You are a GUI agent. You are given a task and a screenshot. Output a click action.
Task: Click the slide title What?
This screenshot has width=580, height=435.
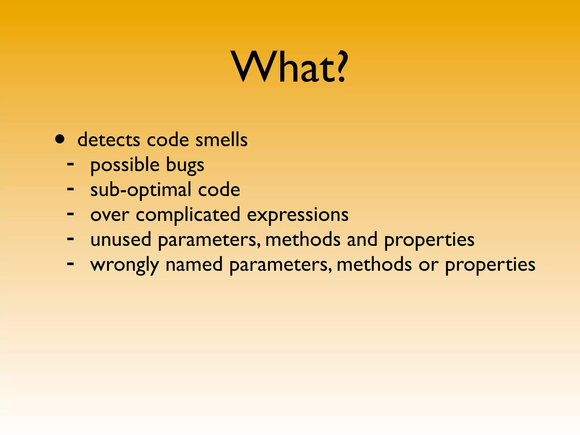click(289, 67)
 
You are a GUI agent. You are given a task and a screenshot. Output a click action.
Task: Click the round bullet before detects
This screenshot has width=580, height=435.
click(60, 139)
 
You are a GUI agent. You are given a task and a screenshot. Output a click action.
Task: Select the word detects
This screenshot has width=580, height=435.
click(109, 140)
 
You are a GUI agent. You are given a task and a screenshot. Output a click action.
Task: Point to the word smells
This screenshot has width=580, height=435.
click(221, 140)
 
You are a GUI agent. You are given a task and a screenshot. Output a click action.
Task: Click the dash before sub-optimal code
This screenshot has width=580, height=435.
click(71, 189)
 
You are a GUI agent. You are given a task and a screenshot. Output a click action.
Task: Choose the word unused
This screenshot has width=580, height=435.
click(121, 240)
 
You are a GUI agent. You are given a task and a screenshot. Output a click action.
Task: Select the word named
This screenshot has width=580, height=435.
click(194, 265)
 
